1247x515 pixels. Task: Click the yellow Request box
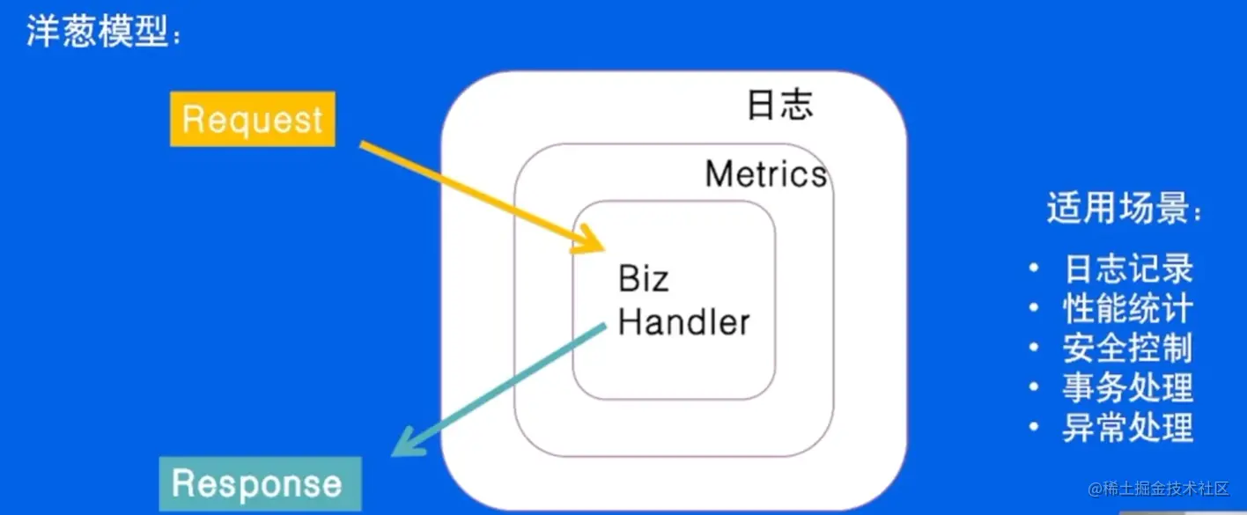pos(253,119)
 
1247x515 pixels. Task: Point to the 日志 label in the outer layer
pos(779,105)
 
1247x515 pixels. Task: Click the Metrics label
pos(766,173)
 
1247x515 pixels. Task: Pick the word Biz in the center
pos(644,280)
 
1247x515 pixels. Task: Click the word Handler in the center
pos(683,321)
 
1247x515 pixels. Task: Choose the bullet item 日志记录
pos(1128,269)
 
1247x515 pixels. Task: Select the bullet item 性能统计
pos(1128,309)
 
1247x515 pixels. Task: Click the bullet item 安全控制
pos(1128,349)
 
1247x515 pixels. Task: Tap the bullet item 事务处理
pos(1128,388)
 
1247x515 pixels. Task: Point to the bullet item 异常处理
pos(1128,428)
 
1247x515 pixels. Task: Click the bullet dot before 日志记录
pos(1036,269)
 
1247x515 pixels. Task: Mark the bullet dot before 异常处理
pos(1036,428)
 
